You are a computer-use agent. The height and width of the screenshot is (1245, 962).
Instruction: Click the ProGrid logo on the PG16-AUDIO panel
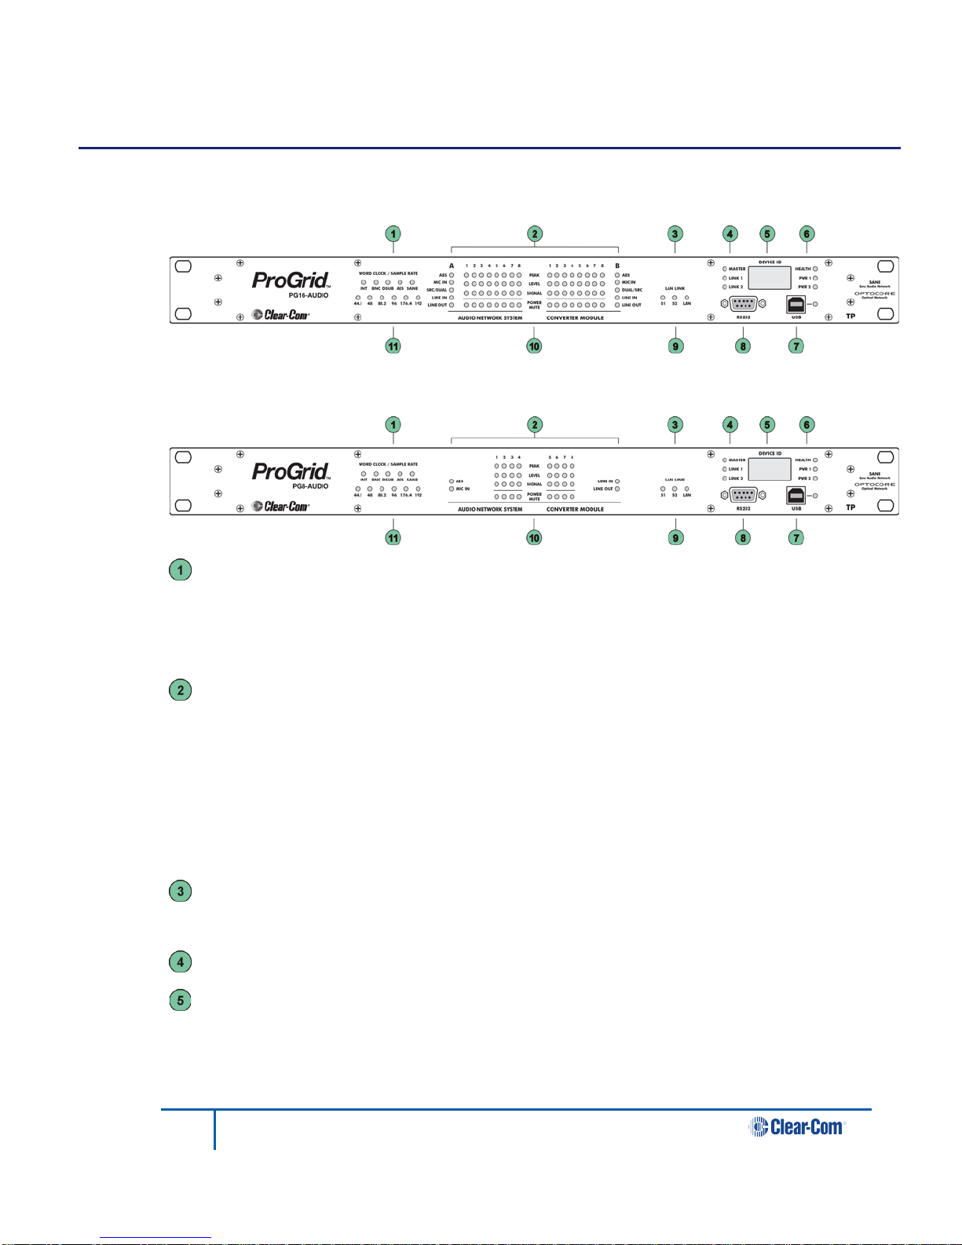[x=290, y=280]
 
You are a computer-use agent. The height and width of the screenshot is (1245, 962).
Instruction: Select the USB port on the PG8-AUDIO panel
[x=796, y=495]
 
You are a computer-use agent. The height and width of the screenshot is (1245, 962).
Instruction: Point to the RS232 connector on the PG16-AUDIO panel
[x=743, y=305]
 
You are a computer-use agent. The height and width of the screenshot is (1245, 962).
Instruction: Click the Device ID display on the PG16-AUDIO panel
[x=769, y=277]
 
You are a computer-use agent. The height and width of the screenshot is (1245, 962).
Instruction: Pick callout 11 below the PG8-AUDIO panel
[x=393, y=537]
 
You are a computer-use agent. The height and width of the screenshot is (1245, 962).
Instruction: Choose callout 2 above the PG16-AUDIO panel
[x=534, y=233]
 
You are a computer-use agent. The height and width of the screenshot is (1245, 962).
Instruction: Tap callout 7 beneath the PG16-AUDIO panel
[x=796, y=346]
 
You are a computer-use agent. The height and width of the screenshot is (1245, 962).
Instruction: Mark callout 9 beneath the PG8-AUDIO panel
[x=675, y=537]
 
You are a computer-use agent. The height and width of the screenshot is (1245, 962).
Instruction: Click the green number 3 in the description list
[x=181, y=892]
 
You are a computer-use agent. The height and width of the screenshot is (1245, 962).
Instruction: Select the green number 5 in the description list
[x=181, y=1001]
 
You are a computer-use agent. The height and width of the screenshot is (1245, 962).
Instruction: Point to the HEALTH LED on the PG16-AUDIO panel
[x=816, y=269]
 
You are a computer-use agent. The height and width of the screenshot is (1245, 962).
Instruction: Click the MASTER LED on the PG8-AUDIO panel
[x=724, y=460]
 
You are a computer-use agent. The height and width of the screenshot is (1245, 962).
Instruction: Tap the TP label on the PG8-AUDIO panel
[x=850, y=507]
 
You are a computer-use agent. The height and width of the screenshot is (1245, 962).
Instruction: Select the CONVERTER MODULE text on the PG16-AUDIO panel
[x=575, y=318]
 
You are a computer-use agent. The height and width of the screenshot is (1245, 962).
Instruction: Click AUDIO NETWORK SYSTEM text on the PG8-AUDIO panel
[x=490, y=510]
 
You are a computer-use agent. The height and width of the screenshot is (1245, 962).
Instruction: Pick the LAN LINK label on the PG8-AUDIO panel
[x=675, y=479]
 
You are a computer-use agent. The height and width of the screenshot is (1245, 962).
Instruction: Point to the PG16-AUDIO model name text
[x=308, y=295]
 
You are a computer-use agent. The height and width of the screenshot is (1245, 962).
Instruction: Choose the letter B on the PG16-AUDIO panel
[x=617, y=266]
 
